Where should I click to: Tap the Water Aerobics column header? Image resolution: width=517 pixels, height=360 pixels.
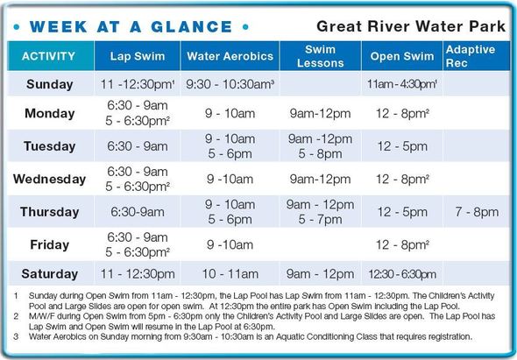click(x=230, y=57)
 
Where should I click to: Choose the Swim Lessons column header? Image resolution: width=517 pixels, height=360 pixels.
click(x=320, y=57)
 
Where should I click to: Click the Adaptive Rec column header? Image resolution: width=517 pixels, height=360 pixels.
click(x=470, y=57)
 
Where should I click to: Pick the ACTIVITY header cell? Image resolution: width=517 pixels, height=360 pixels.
click(x=49, y=57)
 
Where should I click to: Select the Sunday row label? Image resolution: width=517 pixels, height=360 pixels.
click(x=50, y=84)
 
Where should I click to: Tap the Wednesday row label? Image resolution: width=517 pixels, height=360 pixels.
click(x=50, y=179)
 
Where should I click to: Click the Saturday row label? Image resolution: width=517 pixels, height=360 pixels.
click(x=50, y=272)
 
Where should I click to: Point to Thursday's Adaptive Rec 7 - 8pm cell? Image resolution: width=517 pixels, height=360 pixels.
click(x=476, y=212)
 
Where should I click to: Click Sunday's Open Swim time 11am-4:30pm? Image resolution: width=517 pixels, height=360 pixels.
click(x=403, y=84)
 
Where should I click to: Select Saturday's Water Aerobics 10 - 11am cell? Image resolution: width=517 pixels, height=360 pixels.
click(x=230, y=272)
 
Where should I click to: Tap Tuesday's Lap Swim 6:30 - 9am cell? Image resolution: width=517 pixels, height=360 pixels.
click(x=138, y=146)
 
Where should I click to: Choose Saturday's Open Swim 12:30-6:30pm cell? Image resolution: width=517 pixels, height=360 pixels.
click(x=403, y=272)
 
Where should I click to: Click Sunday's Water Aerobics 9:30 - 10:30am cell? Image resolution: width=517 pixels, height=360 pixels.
click(x=230, y=84)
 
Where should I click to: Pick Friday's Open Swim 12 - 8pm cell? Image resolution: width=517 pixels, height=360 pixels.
click(x=403, y=245)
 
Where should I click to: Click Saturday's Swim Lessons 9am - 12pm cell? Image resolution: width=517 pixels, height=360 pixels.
click(x=321, y=272)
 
